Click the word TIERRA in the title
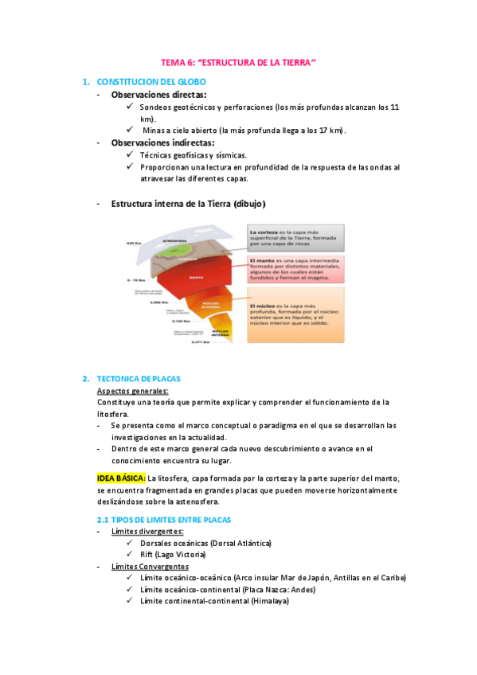pos(293,62)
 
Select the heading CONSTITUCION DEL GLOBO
pos(151,82)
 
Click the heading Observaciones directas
pos(158,95)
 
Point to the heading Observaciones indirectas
pos(164,142)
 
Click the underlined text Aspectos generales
pos(132,391)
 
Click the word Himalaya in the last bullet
pos(269,601)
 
